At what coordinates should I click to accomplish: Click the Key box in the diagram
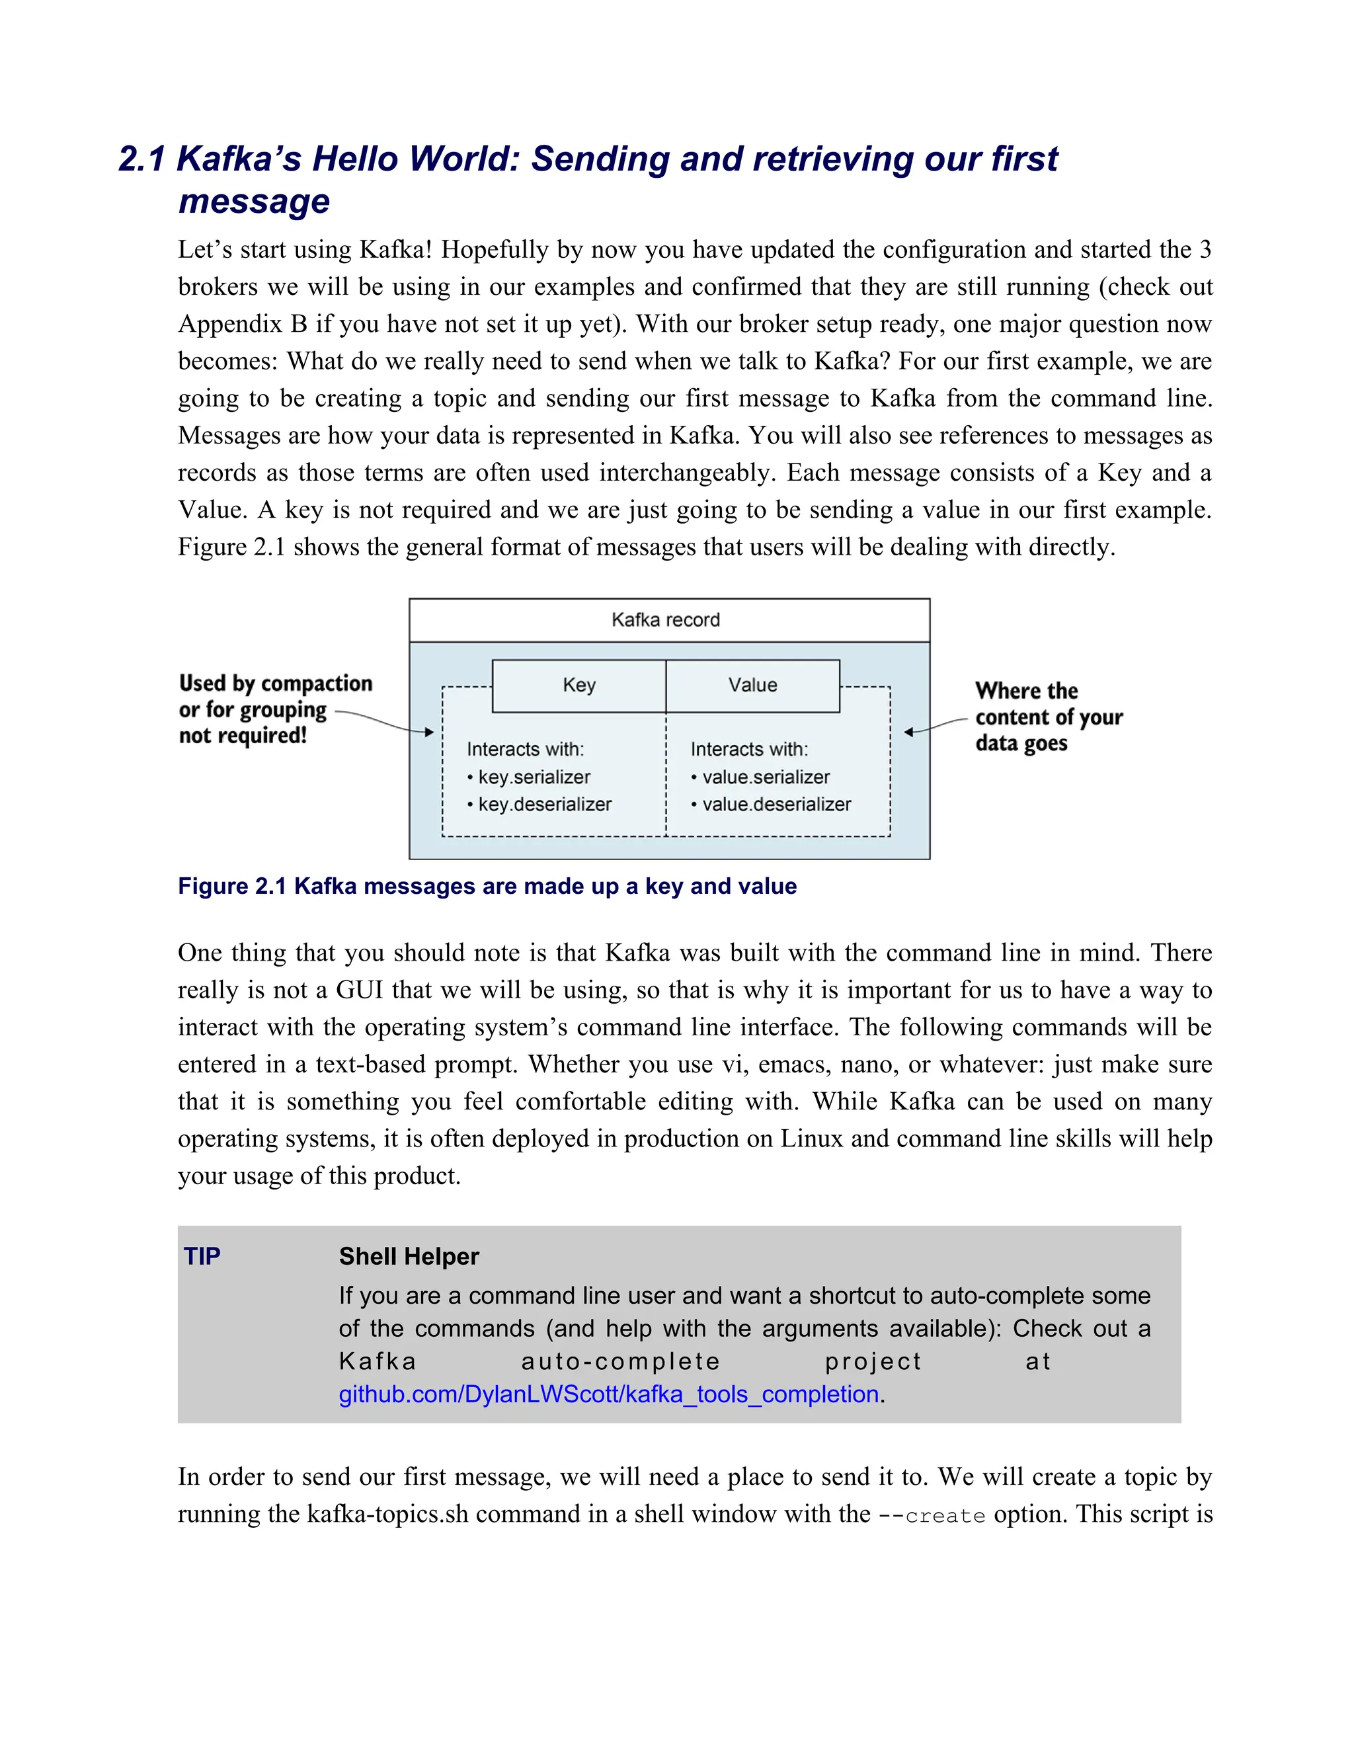click(x=578, y=685)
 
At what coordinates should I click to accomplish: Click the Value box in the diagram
click(x=752, y=685)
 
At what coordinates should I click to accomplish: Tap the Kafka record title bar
click(x=668, y=619)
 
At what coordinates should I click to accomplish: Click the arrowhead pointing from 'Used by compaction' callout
click(x=430, y=732)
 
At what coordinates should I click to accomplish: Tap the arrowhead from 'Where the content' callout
click(x=909, y=732)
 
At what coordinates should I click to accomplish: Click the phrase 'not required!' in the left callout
click(x=243, y=736)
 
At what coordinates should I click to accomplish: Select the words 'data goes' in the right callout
click(x=1021, y=744)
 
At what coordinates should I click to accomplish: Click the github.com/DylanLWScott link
click(x=609, y=1394)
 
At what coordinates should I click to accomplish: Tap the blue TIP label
click(x=202, y=1256)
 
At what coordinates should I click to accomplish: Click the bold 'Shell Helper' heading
click(x=409, y=1256)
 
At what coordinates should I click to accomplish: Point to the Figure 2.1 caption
click(x=487, y=886)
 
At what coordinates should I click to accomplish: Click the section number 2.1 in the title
click(x=141, y=159)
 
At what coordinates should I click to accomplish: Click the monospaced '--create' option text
click(x=932, y=1515)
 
